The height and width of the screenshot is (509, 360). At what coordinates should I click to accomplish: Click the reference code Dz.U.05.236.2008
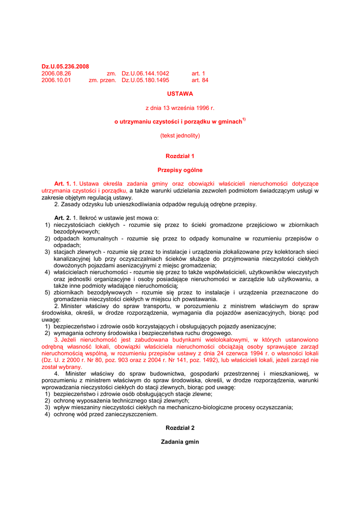(x=65, y=67)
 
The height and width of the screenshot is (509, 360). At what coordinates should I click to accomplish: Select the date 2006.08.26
(x=56, y=74)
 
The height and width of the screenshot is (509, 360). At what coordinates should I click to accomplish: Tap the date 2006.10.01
(x=56, y=80)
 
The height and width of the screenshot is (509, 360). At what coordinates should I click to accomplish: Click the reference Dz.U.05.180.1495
(x=146, y=80)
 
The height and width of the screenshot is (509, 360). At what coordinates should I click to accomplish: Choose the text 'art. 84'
(x=200, y=80)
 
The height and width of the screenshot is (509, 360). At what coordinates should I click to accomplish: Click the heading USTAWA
(x=180, y=93)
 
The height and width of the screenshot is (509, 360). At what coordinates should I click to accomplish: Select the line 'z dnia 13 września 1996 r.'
(x=180, y=107)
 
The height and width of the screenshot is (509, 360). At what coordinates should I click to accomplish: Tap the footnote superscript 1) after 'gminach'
(x=244, y=120)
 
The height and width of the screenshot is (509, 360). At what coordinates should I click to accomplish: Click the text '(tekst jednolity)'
(x=180, y=135)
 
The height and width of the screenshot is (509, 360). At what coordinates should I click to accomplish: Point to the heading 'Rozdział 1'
(x=180, y=156)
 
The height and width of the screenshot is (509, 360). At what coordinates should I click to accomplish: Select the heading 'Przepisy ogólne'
(x=180, y=170)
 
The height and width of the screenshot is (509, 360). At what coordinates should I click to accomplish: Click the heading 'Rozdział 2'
(x=180, y=428)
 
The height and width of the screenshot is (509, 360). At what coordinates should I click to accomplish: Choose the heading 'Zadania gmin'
(x=180, y=442)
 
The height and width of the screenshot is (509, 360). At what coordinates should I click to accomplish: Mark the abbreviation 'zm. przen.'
(x=102, y=80)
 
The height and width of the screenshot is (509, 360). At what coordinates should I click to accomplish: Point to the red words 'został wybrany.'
(x=61, y=367)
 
